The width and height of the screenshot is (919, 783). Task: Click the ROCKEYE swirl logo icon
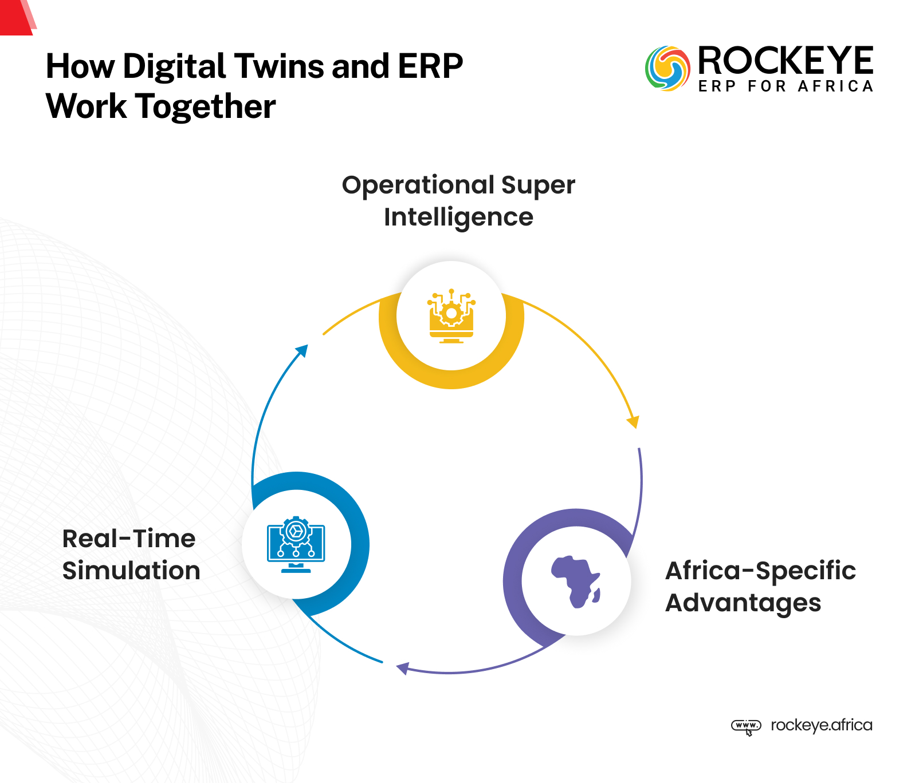[x=667, y=69]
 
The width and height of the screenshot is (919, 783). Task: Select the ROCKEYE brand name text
[x=785, y=61]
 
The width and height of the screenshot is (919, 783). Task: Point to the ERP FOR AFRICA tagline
[x=785, y=86]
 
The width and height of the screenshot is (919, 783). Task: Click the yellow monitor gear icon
[x=451, y=316]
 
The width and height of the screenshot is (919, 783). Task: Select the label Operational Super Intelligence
[x=458, y=200]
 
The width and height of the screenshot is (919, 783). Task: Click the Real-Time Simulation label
[x=131, y=554]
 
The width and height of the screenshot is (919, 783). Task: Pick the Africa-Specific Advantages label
[x=760, y=586]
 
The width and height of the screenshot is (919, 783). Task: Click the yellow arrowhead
[x=634, y=422]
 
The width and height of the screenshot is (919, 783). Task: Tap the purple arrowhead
[x=402, y=668]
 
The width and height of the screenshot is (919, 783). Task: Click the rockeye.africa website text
[x=821, y=725]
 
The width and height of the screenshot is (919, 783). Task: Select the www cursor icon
[x=746, y=726]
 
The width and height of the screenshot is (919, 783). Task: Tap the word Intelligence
[x=458, y=217]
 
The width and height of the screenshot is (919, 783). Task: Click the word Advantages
[x=743, y=603]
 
